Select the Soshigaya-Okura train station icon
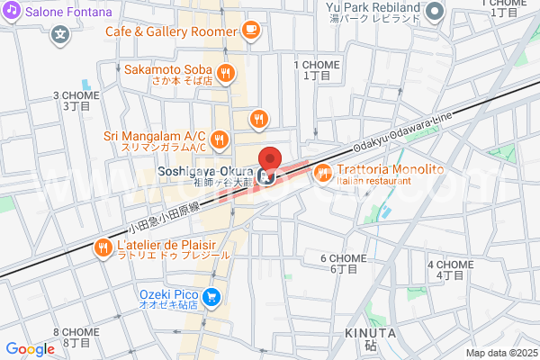(x=265, y=175)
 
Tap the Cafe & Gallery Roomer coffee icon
(x=249, y=31)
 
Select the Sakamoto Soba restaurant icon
(x=226, y=73)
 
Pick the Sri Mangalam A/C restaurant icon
(x=219, y=139)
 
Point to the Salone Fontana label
(x=67, y=13)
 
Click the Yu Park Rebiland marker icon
(x=436, y=12)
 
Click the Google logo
(x=30, y=349)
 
